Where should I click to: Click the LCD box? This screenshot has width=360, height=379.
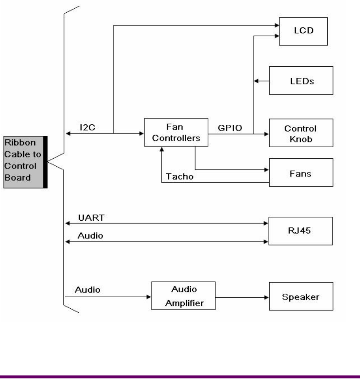tap(303, 31)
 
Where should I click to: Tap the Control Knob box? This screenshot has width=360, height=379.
tap(301, 133)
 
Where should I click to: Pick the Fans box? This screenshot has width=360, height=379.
tap(301, 173)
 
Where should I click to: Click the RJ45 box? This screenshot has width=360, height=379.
tap(301, 231)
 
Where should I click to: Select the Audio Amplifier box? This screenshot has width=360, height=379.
tap(183, 296)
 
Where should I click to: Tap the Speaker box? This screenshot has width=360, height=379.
tap(301, 296)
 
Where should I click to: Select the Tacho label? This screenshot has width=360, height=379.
tap(180, 176)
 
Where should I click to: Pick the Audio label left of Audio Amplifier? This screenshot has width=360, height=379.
tap(88, 290)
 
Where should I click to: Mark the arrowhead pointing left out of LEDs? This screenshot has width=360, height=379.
tap(256, 81)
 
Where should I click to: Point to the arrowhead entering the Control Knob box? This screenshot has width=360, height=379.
tap(266, 134)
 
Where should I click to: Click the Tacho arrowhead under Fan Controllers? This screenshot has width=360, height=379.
tap(162, 150)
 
